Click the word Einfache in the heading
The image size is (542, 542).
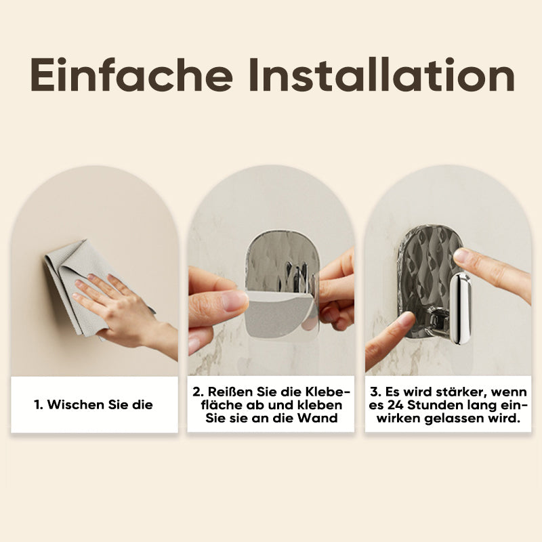tap(131, 75)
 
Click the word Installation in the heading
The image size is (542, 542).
tap(381, 75)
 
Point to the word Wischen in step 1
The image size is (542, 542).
tap(76, 404)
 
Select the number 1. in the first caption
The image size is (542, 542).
tap(39, 404)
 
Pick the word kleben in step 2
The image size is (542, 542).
tap(320, 404)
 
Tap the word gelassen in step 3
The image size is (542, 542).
tap(454, 418)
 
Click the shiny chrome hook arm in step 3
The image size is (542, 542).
tap(460, 309)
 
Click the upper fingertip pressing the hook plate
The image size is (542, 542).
tap(461, 256)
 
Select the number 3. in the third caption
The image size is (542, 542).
tap(375, 392)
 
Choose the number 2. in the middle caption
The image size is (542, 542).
tap(198, 392)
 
